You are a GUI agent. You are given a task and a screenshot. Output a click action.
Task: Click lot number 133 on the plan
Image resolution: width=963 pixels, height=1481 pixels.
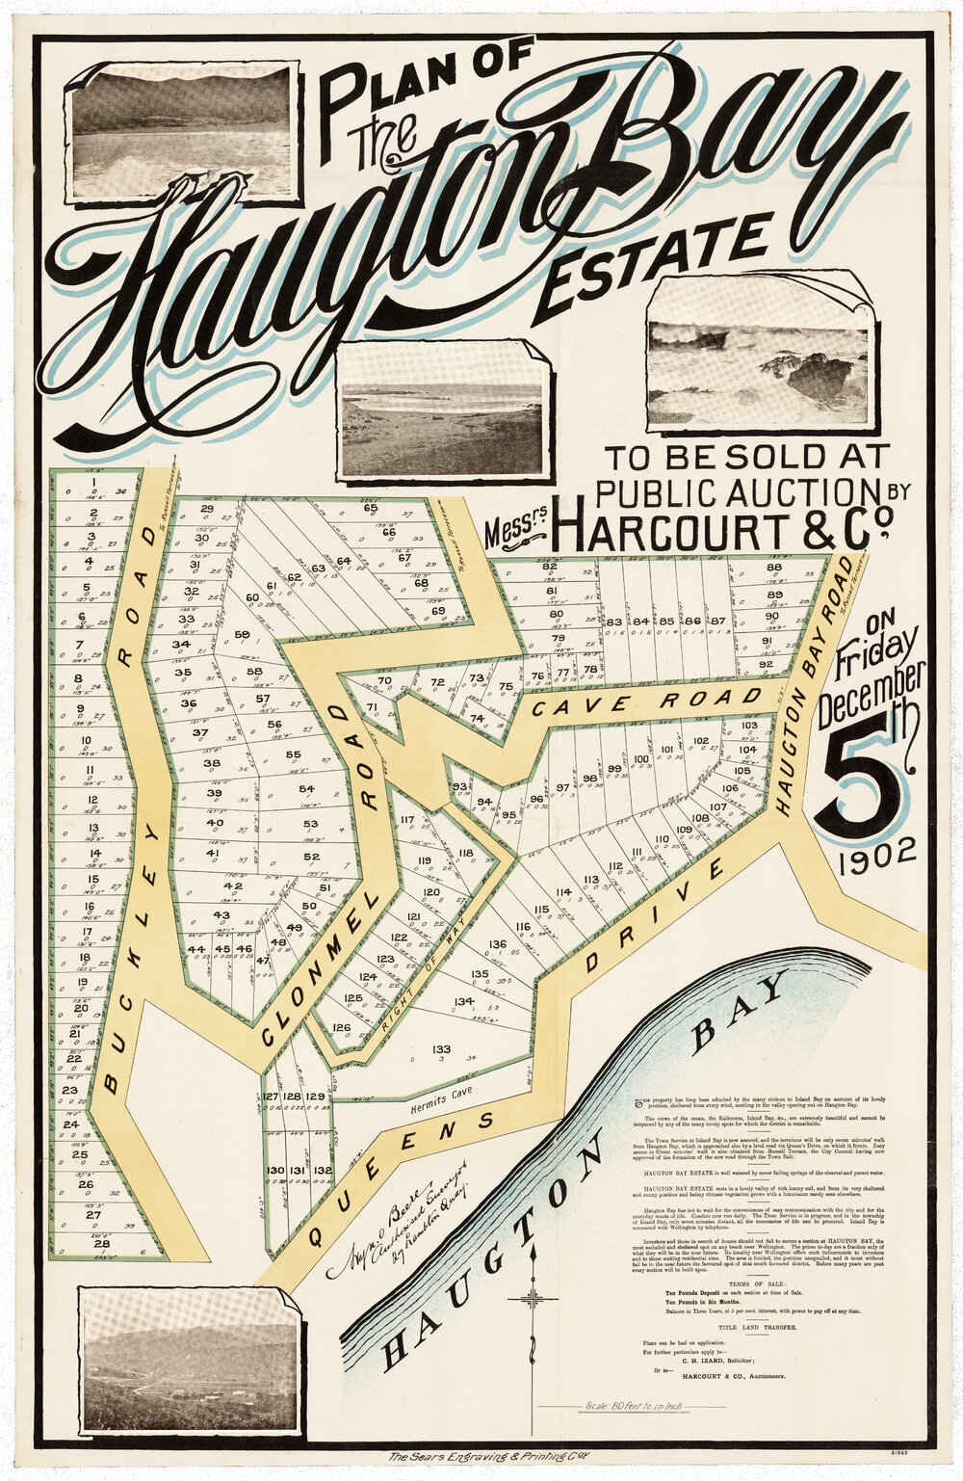click(x=441, y=1048)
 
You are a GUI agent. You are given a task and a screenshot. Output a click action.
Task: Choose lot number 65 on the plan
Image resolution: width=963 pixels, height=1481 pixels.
click(x=371, y=508)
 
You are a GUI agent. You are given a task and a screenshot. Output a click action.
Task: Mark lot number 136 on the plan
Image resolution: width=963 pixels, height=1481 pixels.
click(x=498, y=944)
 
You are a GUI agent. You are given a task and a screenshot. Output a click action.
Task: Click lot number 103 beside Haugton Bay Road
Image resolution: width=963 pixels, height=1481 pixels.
click(x=750, y=725)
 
